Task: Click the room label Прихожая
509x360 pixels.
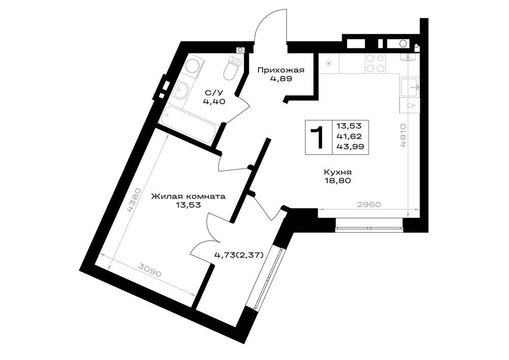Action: coord(281,70)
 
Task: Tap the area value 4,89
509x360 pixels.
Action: coord(281,78)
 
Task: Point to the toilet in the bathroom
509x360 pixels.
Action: coord(231,68)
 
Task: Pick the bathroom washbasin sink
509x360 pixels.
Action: coord(181,89)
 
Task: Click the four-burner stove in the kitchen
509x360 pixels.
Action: coord(376,63)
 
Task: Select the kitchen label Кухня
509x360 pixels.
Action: coord(337,173)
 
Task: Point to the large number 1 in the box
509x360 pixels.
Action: coord(317,137)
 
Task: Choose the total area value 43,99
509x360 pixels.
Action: coord(350,147)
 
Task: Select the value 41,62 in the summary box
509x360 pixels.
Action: coord(349,136)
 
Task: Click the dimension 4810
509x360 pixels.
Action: coord(403,135)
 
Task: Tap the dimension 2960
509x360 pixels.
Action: coord(369,205)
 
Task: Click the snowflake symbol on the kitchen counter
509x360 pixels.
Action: coord(329,63)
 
